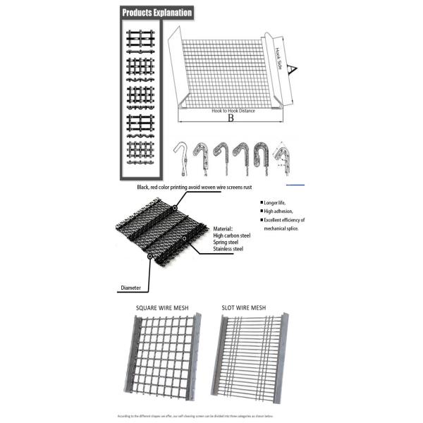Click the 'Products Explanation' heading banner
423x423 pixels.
156,13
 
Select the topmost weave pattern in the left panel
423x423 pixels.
140,38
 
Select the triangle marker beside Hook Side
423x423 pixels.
297,68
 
